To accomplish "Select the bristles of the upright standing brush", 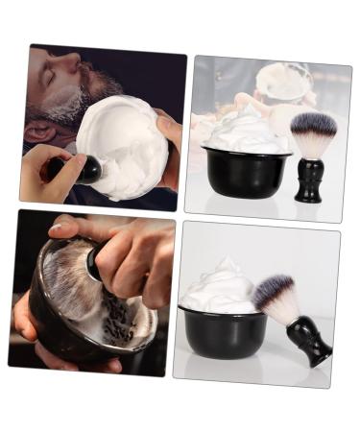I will pos(312,134).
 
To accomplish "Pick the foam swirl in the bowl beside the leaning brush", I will pos(219,285).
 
